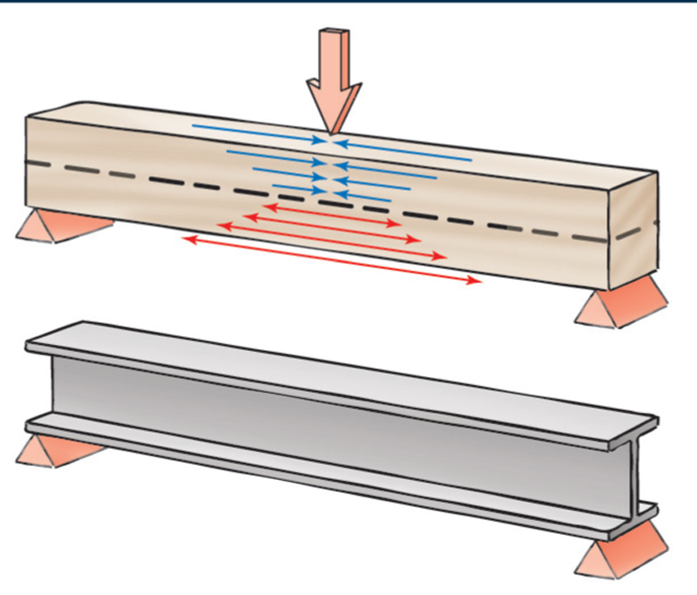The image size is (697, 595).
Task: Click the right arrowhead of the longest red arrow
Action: (x=475, y=281)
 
